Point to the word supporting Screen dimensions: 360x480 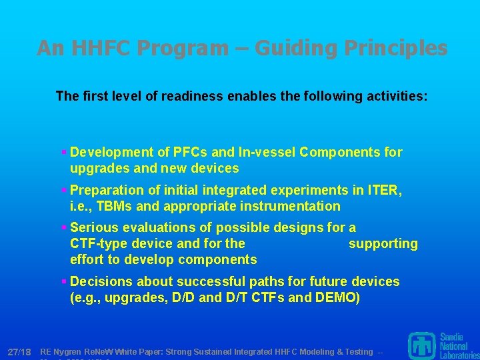pos(383,243)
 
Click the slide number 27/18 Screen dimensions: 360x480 pos(19,351)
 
